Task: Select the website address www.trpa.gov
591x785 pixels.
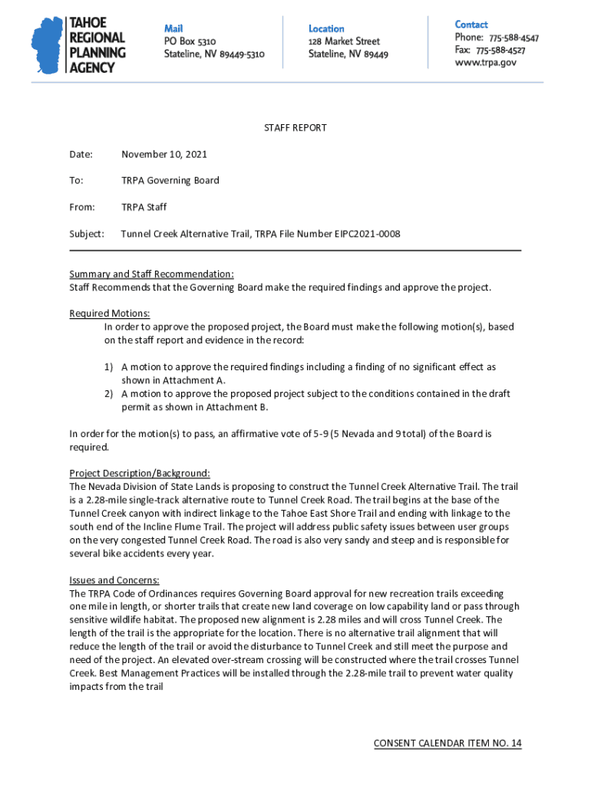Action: [x=485, y=63]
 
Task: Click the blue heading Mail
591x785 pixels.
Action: [x=173, y=28]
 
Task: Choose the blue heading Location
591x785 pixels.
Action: [x=326, y=28]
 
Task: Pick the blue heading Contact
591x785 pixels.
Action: [x=471, y=25]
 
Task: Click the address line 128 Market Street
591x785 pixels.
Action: [x=344, y=41]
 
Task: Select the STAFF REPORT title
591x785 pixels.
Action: [x=295, y=128]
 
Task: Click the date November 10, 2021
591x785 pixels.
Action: [x=164, y=154]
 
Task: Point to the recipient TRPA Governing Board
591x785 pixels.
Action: [x=170, y=181]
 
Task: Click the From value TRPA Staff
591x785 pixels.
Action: [x=144, y=207]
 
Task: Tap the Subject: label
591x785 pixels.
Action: [x=87, y=234]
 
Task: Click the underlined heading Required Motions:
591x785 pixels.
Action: [x=110, y=314]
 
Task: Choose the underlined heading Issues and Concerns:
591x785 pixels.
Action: [x=114, y=580]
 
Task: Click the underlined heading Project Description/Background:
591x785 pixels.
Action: [x=140, y=474]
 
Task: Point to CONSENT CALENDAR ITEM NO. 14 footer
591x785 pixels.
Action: [x=447, y=744]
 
